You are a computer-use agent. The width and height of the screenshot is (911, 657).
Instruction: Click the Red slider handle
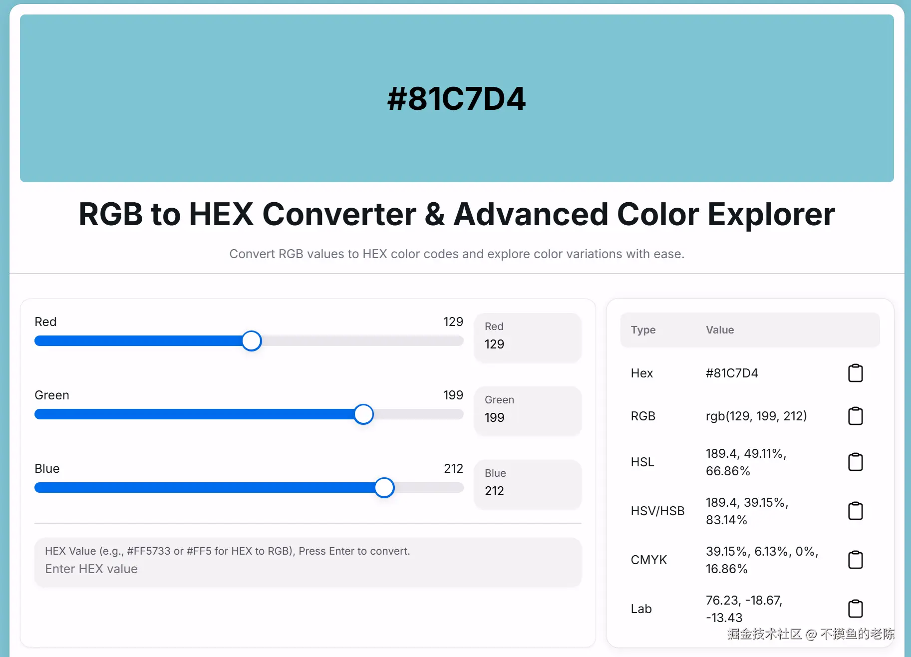pyautogui.click(x=252, y=341)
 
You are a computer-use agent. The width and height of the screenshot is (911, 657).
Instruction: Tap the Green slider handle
pyautogui.click(x=363, y=414)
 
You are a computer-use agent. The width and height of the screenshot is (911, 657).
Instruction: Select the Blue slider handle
pyautogui.click(x=384, y=488)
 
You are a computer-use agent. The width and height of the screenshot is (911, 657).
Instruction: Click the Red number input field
pyautogui.click(x=528, y=337)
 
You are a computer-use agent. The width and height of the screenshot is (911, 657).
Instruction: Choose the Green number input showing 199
pyautogui.click(x=528, y=410)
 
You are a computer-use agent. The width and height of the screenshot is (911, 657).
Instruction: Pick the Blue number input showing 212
pyautogui.click(x=528, y=484)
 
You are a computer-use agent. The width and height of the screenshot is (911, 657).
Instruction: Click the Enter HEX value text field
pyautogui.click(x=308, y=562)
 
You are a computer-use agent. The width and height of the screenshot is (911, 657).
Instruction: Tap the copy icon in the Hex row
pyautogui.click(x=855, y=373)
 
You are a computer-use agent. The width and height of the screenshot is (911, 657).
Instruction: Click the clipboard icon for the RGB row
pyautogui.click(x=855, y=416)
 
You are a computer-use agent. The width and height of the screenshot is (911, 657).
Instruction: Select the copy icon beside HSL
pyautogui.click(x=855, y=462)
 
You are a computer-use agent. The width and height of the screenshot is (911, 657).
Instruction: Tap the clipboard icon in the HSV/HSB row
pyautogui.click(x=855, y=511)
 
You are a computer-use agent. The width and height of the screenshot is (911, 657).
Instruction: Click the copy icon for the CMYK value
pyautogui.click(x=855, y=560)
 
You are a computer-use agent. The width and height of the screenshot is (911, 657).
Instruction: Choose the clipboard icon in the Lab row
pyautogui.click(x=855, y=609)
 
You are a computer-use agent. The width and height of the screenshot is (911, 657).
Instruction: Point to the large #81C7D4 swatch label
pyautogui.click(x=456, y=98)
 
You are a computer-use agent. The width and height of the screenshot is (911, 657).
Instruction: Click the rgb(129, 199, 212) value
pyautogui.click(x=756, y=416)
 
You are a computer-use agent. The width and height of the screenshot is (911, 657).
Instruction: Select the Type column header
pyautogui.click(x=643, y=330)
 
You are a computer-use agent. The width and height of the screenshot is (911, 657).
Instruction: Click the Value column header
pyautogui.click(x=720, y=330)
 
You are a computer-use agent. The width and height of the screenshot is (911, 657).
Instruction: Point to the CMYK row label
pyautogui.click(x=648, y=560)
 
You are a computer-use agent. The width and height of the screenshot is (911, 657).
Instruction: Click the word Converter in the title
pyautogui.click(x=339, y=214)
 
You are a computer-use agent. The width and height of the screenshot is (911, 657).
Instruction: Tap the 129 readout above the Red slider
pyautogui.click(x=453, y=322)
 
